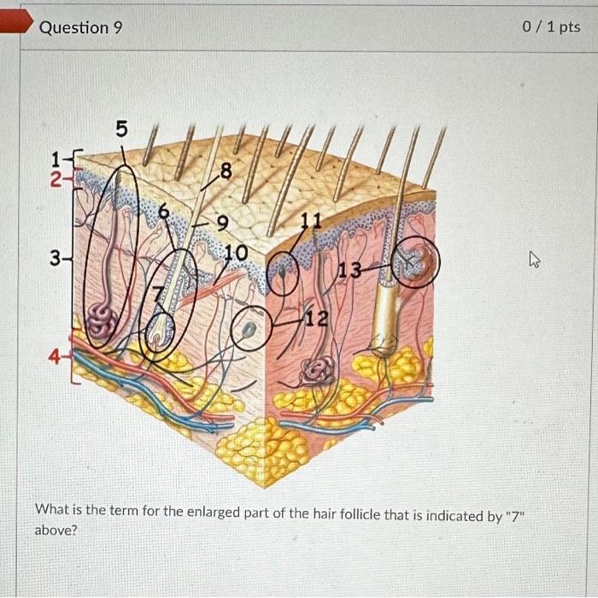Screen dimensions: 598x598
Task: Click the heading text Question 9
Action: [x=81, y=27]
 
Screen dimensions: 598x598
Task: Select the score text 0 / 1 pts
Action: [x=550, y=27]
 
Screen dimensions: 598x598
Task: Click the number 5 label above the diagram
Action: [x=121, y=130]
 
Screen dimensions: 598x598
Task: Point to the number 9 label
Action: [x=222, y=225]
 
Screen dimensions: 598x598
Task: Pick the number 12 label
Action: [x=317, y=320]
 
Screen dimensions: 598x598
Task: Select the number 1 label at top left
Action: [x=56, y=158]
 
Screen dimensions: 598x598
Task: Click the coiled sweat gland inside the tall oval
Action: [x=101, y=322]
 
